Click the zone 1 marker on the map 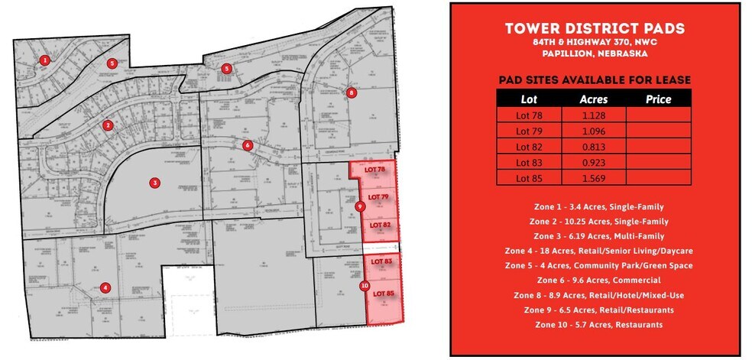(45, 60)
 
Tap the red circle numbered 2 (109, 125)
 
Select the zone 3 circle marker (154, 183)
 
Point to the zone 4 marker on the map (105, 288)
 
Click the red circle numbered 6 (247, 145)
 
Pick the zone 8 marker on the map (352, 92)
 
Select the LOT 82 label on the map (380, 224)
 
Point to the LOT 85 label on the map (382, 294)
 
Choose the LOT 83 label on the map (381, 261)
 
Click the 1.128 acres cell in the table (593, 114)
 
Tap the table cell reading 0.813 (593, 146)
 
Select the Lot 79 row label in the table (528, 130)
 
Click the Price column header (658, 99)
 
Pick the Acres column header (593, 99)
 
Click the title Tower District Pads (595, 29)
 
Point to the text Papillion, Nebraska (595, 54)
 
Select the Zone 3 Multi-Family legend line (595, 236)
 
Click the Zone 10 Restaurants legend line (595, 325)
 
